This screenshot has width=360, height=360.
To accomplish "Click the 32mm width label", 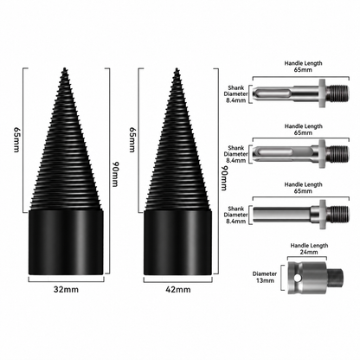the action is (66, 289).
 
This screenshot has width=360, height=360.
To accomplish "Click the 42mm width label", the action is (178, 289).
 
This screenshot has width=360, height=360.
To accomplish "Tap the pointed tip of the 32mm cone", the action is (64, 68).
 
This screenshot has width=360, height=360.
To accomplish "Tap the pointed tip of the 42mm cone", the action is (177, 69).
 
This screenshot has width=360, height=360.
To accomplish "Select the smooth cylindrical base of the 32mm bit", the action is (66, 242).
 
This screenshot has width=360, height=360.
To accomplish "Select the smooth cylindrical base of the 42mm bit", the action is (178, 242).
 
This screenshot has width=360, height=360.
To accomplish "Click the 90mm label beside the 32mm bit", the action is (115, 174).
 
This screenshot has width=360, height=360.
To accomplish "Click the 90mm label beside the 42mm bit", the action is (224, 178).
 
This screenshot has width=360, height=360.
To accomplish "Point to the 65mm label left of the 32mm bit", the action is (16, 140).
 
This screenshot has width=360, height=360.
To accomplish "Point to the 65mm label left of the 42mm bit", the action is (132, 139).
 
